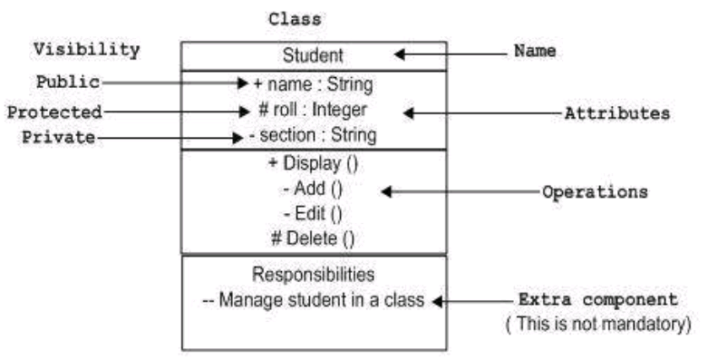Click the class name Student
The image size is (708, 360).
coord(313,56)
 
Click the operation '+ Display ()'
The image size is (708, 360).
coord(313,167)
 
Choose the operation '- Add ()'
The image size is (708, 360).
coord(313,191)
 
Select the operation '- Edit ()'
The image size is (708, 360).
coord(313,215)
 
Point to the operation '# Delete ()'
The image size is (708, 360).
coord(313,239)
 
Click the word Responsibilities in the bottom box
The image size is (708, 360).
coord(313,274)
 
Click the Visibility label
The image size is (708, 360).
coord(86,49)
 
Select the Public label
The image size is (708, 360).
coord(68,81)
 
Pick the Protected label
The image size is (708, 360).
coord(54,112)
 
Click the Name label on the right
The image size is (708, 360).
coord(535,51)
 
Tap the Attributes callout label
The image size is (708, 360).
coord(616,114)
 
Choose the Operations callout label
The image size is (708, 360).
coord(595,192)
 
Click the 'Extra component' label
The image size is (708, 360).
coord(597,298)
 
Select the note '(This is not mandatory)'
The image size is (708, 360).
coord(598,321)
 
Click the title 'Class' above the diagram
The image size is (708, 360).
coord(295,18)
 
